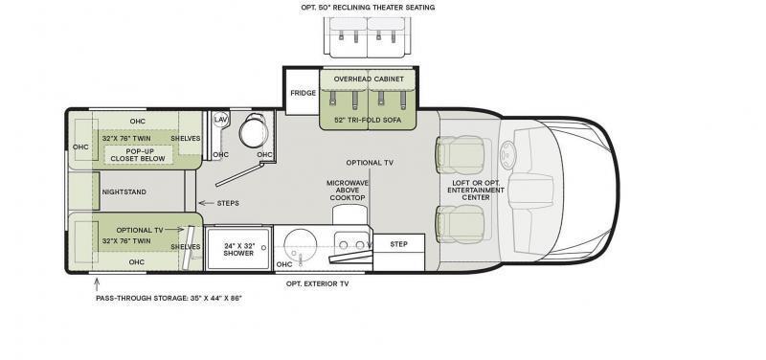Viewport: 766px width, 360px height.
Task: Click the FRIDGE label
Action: click(x=303, y=93)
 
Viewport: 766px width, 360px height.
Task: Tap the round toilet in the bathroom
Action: click(x=254, y=130)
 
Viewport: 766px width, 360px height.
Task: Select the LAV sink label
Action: click(x=220, y=119)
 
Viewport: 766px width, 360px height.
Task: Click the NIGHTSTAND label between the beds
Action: click(x=124, y=191)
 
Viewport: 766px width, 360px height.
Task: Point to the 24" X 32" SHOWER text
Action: click(x=238, y=250)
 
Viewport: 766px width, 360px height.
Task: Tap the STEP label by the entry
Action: click(x=398, y=244)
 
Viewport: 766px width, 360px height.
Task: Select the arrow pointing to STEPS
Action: click(x=206, y=203)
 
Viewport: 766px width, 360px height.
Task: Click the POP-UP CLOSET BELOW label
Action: click(x=139, y=155)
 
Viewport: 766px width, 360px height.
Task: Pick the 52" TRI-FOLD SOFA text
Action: click(x=368, y=120)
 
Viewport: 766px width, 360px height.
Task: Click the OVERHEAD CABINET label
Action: click(x=369, y=79)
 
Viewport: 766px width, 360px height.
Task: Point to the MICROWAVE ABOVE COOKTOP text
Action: click(x=348, y=190)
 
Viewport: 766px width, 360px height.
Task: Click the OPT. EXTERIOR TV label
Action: click(x=318, y=283)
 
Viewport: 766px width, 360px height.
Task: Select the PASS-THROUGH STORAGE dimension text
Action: click(x=169, y=298)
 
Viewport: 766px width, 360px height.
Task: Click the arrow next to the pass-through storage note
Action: click(x=97, y=284)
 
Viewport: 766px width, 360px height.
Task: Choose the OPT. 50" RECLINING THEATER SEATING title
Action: click(x=368, y=8)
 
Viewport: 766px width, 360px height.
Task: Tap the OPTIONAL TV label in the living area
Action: click(x=370, y=163)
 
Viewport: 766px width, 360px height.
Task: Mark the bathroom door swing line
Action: click(x=240, y=175)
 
